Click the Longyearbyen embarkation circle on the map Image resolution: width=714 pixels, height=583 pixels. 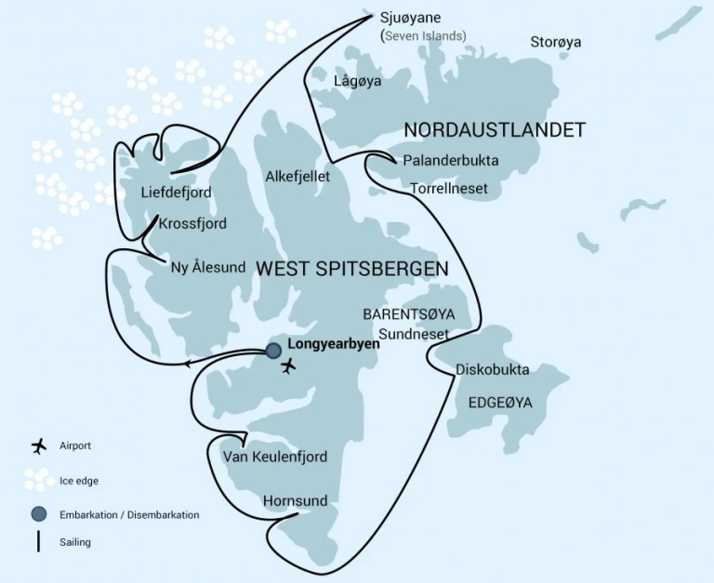pos(273,351)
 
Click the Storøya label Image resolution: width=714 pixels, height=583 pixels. pos(556,42)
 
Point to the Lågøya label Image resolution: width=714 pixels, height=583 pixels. pos(358,82)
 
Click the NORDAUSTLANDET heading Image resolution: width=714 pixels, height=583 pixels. pos(495,129)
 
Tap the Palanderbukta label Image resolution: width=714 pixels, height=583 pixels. pos(450,161)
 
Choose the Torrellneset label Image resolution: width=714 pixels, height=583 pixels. pos(449,189)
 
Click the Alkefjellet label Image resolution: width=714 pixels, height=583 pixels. pos(297,176)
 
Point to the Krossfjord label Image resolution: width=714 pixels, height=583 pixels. pos(192,224)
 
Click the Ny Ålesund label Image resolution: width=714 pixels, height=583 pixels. pos(208,268)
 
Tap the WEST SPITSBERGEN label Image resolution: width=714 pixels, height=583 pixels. pos(351,269)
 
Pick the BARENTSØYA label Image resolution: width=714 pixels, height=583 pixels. pos(409,314)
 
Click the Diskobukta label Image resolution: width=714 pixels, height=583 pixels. pos(492,370)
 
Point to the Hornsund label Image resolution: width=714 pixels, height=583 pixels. pos(295,501)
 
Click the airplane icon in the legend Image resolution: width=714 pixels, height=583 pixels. pos(38,446)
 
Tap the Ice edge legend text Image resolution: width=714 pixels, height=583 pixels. pos(78,481)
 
